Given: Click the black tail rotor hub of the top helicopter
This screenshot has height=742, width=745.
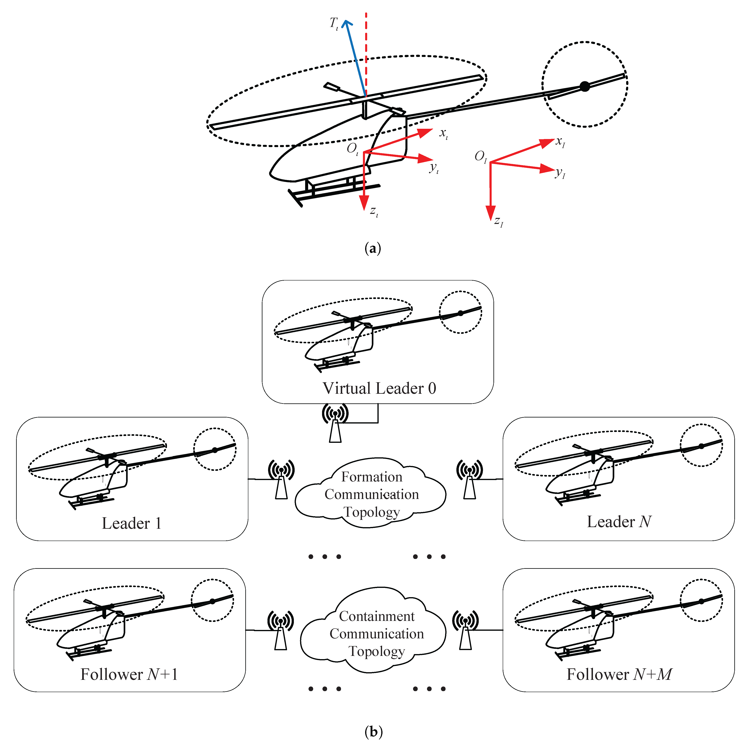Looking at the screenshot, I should coord(585,86).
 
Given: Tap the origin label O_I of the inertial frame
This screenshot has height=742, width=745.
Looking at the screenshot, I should coord(481,157).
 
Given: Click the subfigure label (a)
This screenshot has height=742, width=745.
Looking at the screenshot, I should coord(373,248).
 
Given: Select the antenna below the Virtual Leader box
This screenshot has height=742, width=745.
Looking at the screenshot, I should coord(335,424).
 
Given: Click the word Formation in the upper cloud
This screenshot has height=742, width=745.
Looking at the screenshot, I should coord(372,477).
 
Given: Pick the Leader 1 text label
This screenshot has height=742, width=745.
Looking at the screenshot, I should coord(132,523).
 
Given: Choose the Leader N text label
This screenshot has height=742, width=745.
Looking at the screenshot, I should coord(619,522).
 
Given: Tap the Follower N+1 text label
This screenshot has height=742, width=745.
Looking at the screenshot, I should coord(129,674).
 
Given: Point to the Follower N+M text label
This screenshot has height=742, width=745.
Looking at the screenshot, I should coord(619,674).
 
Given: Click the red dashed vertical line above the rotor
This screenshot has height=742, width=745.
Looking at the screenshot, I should coord(366,46).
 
